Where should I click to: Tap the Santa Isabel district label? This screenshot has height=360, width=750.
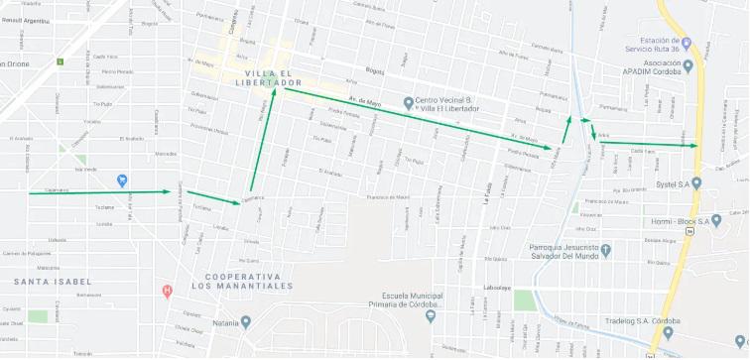pyautogui.click(x=39, y=283)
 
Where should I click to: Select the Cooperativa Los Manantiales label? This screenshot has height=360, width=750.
pyautogui.click(x=242, y=281)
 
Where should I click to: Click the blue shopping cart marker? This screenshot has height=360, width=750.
pyautogui.click(x=121, y=180)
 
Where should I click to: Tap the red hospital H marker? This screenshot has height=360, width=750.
pyautogui.click(x=167, y=291)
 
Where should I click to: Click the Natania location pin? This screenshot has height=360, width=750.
pyautogui.click(x=246, y=321)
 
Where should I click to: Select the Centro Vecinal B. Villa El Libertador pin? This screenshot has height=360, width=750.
pyautogui.click(x=407, y=103)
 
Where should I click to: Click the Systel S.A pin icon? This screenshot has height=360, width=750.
pyautogui.click(x=696, y=183)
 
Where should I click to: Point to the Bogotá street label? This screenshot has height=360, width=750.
pyautogui.click(x=374, y=72)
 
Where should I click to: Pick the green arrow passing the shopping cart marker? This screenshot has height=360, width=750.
pyautogui.click(x=100, y=191)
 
